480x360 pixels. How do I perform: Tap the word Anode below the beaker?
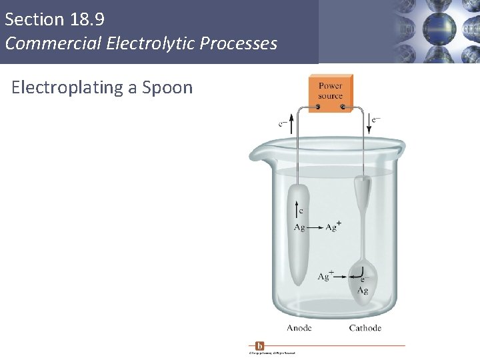point(299,328)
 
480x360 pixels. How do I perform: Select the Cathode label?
point(365,328)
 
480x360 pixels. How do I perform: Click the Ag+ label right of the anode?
point(333,227)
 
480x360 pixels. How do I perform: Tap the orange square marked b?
point(259,346)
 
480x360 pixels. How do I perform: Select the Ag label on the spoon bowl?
point(363,291)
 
